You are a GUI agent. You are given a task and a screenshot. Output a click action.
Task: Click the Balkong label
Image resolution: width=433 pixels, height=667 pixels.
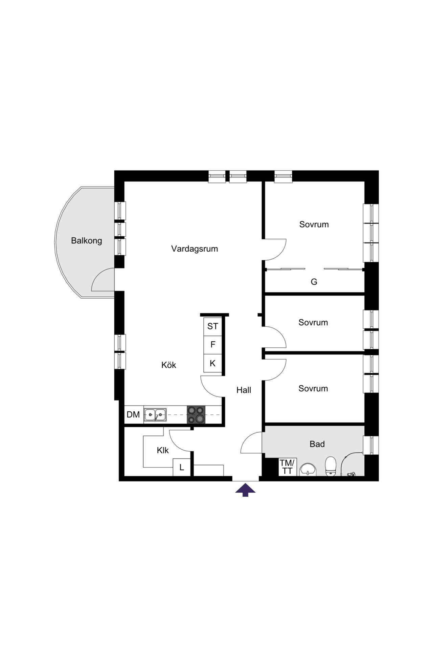(x=86, y=241)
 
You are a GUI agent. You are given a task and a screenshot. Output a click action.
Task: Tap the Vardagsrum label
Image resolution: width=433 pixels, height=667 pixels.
(x=195, y=249)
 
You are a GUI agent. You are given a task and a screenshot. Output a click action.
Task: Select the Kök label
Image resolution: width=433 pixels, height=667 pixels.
(x=169, y=365)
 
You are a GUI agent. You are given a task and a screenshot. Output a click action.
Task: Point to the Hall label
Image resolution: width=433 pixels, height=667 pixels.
(x=244, y=390)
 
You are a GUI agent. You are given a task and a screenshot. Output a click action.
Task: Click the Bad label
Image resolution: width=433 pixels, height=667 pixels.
(x=317, y=444)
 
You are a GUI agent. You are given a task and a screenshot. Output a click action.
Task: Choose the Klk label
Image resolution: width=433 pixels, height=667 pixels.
(x=163, y=450)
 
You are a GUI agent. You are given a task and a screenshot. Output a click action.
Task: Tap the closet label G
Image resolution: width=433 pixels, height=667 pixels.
(x=314, y=282)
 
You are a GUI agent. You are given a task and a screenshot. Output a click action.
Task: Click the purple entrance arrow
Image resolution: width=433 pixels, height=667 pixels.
(x=245, y=490)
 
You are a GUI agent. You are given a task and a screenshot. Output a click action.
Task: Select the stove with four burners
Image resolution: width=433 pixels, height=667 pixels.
(x=196, y=414)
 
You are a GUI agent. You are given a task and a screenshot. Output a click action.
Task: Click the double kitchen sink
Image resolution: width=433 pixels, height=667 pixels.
(x=155, y=415)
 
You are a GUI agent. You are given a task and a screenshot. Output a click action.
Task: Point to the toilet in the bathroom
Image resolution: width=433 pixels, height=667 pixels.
(x=331, y=466)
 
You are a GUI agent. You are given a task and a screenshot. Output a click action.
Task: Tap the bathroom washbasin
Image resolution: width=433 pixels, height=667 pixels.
(x=308, y=470)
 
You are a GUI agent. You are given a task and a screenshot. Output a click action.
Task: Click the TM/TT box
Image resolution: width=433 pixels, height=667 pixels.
(x=287, y=467)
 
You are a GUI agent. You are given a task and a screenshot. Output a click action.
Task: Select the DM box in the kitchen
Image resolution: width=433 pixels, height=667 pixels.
(x=133, y=415)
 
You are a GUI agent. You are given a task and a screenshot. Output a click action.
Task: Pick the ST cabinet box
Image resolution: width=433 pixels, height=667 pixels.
(x=213, y=326)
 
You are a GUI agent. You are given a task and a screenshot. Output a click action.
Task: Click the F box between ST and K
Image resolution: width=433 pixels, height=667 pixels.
(x=213, y=345)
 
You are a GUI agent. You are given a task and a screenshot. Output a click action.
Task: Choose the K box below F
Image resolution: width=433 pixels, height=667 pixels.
(x=213, y=363)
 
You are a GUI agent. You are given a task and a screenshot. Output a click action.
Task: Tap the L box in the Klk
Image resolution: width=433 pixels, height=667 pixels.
(x=182, y=468)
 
